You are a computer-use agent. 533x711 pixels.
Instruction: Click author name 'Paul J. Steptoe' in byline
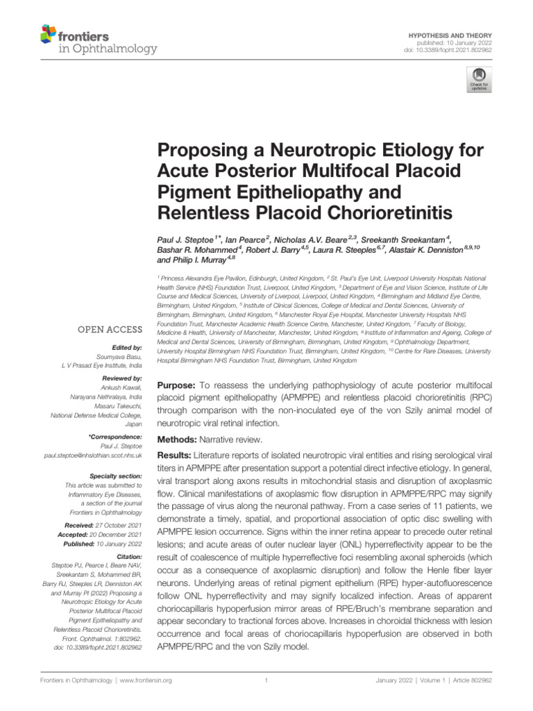pos(187,238)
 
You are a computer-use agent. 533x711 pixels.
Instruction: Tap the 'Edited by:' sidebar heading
pos(126,347)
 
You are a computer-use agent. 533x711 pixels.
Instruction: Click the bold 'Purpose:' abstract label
pos(178,385)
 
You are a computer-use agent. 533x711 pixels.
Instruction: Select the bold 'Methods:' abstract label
pos(178,440)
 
